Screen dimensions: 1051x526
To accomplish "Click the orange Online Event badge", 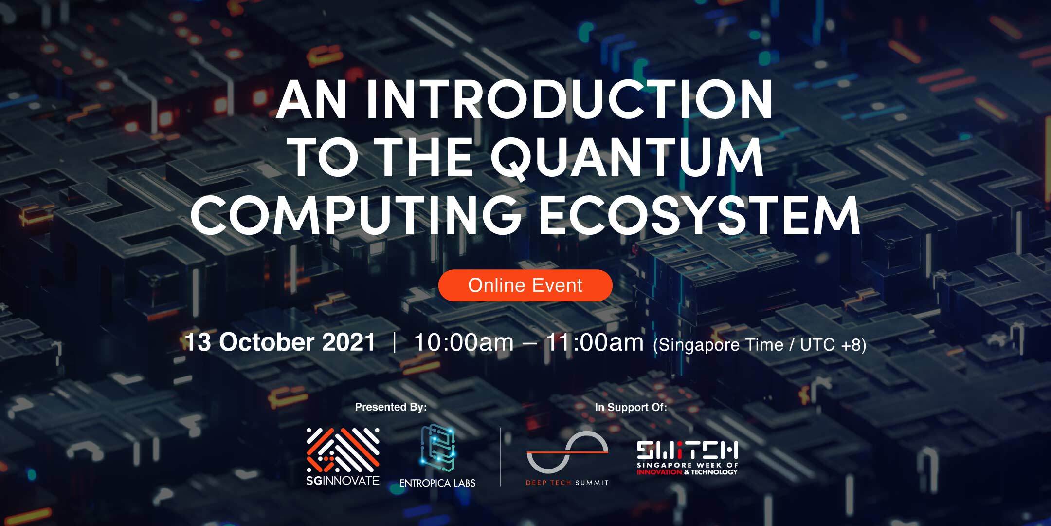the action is coord(525,285).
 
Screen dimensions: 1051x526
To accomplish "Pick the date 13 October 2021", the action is coord(280,342).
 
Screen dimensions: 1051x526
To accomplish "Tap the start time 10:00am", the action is coord(463,342).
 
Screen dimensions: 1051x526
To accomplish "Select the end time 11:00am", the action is coord(594,342).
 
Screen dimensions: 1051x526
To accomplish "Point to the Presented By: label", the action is coord(391,407).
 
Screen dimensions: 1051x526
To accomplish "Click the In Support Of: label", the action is coord(631,407).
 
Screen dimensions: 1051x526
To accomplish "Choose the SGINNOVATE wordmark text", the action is coord(343,481).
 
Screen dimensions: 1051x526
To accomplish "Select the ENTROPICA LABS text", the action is coord(437,483).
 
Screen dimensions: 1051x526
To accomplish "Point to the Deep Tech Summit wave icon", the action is coord(567,452).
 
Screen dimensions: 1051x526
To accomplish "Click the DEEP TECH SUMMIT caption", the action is coord(567,483).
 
